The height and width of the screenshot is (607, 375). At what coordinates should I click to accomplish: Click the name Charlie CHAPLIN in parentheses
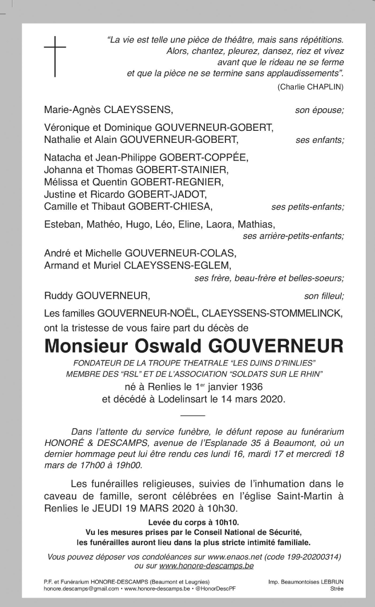point(311,87)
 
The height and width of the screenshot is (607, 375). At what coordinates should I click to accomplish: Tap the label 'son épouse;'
point(320,110)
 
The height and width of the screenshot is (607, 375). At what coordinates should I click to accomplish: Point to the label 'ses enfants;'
point(320,140)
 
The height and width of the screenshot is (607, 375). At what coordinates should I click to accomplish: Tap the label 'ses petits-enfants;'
point(308,207)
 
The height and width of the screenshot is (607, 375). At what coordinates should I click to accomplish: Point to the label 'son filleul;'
point(324,295)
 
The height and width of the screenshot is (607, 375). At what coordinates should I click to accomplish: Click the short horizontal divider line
point(193,415)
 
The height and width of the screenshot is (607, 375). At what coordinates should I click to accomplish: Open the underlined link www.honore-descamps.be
point(206,566)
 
